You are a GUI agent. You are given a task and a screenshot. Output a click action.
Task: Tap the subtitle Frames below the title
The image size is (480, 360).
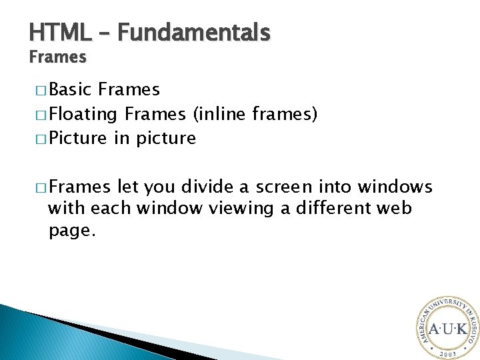(57, 57)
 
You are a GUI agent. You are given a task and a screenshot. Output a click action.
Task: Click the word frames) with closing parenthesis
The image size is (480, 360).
(285, 114)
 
